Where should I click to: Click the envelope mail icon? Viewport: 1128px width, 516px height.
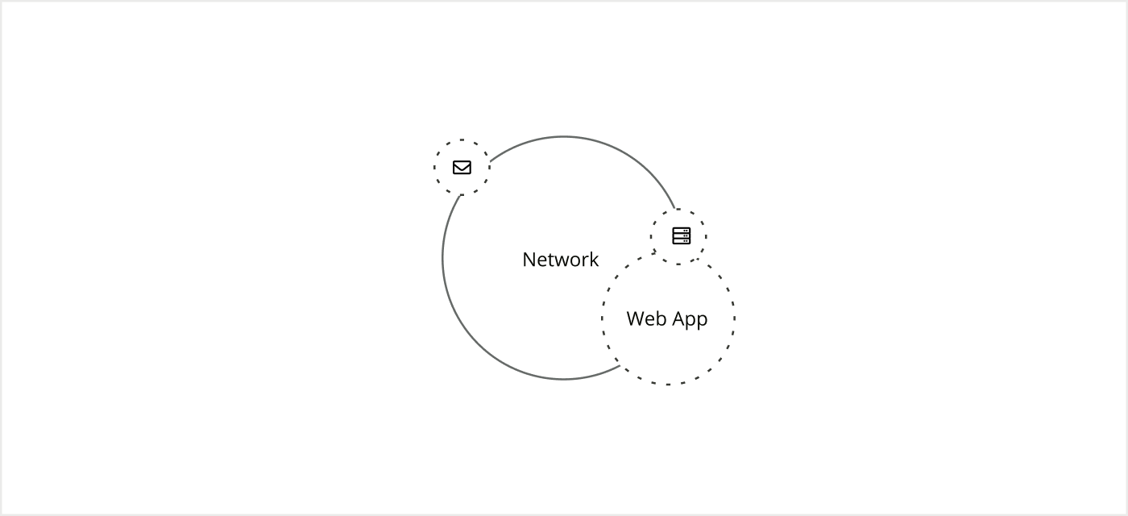pyautogui.click(x=462, y=167)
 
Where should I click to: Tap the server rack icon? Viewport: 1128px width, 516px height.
pyautogui.click(x=682, y=235)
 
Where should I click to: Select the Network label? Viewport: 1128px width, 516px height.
pyautogui.click(x=561, y=260)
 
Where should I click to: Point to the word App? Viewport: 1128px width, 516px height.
pyautogui.click(x=690, y=319)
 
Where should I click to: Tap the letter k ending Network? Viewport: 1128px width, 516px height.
pyautogui.click(x=594, y=260)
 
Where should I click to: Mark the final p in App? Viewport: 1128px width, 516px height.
pyautogui.click(x=702, y=320)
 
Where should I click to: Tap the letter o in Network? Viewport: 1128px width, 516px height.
pyautogui.click(x=575, y=260)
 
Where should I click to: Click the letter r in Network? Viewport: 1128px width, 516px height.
pyautogui.click(x=585, y=260)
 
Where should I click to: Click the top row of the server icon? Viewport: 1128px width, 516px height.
pyautogui.click(x=682, y=231)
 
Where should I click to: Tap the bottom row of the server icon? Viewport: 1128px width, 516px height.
pyautogui.click(x=682, y=240)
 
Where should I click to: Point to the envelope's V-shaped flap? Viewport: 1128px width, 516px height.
pyautogui.click(x=462, y=166)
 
